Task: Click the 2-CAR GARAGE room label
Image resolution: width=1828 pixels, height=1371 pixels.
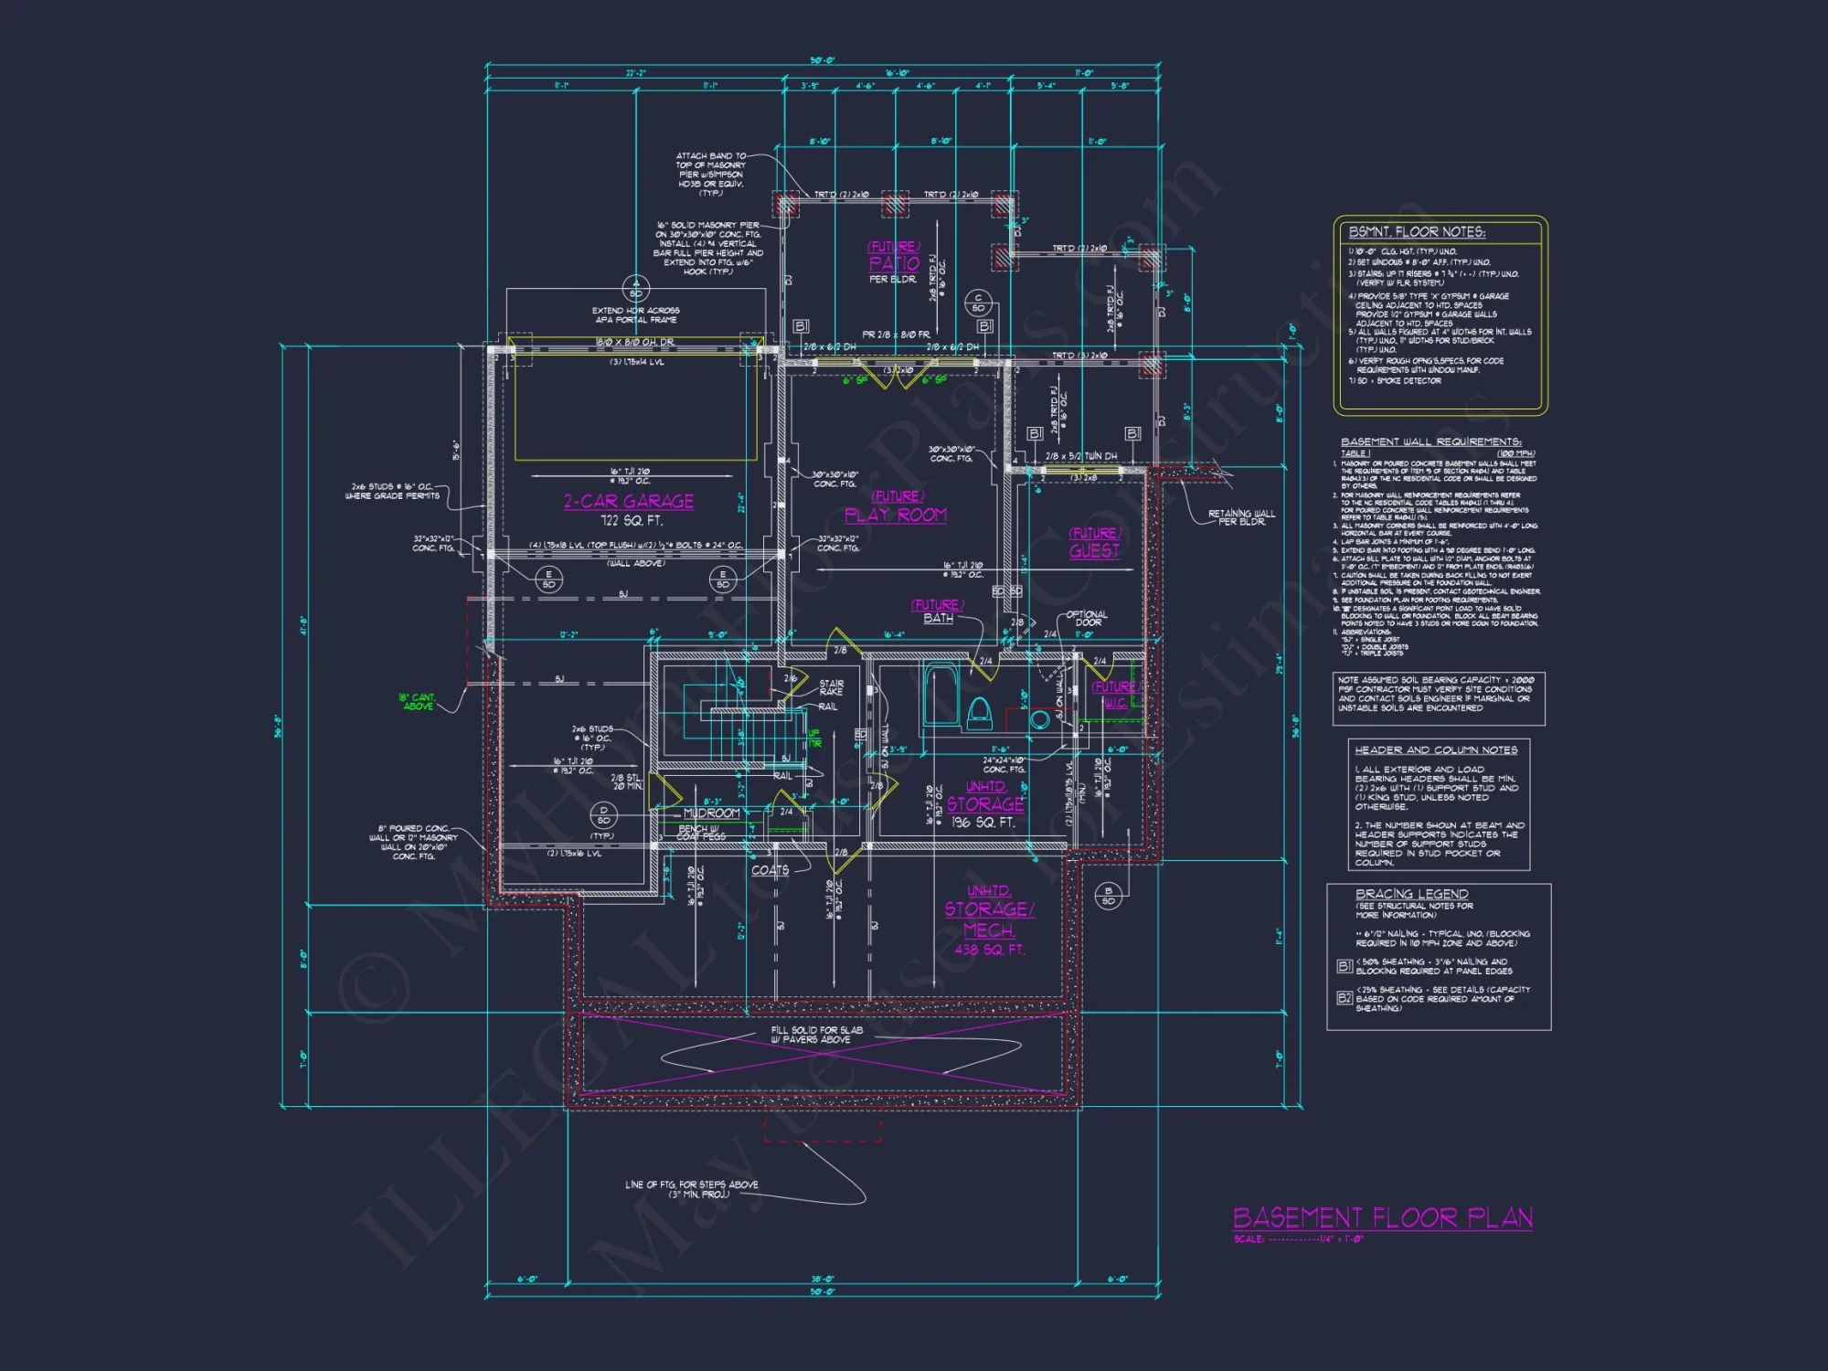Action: point(629,501)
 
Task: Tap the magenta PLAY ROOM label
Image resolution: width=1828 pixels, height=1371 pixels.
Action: point(895,515)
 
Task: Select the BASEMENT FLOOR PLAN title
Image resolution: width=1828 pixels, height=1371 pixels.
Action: point(1382,1217)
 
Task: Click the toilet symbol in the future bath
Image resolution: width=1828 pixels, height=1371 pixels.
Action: point(979,712)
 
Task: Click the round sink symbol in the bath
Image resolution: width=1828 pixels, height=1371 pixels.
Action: point(1039,719)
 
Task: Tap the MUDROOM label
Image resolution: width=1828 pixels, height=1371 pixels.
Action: point(711,813)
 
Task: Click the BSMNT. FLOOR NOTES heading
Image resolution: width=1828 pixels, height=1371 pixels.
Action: point(1417,232)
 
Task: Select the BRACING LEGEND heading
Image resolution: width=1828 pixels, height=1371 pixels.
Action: point(1411,893)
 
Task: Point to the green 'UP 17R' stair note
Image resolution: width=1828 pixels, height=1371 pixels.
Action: point(813,739)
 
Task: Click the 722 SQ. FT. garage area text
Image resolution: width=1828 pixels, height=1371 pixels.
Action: point(631,521)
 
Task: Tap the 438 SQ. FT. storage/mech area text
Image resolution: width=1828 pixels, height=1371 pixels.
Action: point(990,950)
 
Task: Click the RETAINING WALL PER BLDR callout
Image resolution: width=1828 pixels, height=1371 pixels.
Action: point(1240,517)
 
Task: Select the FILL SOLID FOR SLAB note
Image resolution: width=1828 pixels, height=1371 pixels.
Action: point(816,1034)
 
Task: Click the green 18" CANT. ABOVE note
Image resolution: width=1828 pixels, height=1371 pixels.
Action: point(418,702)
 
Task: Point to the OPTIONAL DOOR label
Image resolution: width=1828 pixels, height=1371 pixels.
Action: point(1087,619)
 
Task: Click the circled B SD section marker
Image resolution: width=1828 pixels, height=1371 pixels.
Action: point(1108,896)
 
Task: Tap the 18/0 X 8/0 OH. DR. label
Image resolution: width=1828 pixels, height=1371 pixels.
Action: point(635,342)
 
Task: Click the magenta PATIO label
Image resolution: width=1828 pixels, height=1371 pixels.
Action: point(894,263)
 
